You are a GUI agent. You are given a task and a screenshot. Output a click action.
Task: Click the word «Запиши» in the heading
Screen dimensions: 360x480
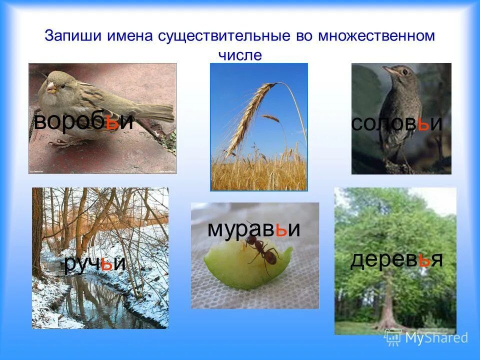coord(67,36)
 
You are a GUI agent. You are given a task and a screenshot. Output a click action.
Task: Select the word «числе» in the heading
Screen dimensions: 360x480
coord(239,55)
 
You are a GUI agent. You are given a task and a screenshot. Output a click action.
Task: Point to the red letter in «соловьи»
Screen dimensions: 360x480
coord(423,123)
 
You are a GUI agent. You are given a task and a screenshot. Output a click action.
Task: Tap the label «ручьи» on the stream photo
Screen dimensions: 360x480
coord(94,263)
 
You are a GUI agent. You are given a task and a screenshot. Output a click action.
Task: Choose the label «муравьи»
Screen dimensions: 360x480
coord(253,229)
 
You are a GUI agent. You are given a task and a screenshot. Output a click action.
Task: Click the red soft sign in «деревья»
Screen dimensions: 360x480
coord(424,260)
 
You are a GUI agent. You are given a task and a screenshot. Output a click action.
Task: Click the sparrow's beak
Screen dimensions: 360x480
coord(50,88)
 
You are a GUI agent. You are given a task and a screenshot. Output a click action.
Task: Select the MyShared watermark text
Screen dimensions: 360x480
coord(436,338)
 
